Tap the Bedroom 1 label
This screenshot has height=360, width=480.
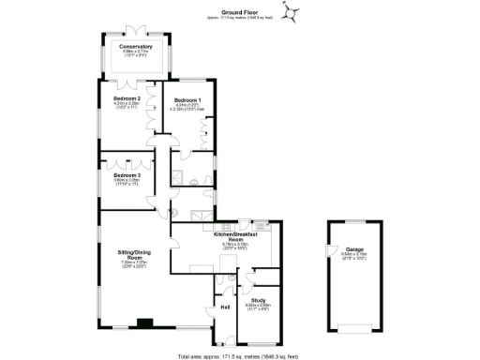coord(186,99)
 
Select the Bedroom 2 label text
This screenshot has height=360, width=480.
coord(127,98)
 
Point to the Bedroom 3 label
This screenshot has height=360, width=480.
coord(127,175)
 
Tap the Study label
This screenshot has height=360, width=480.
coord(258,300)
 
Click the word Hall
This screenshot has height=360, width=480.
coord(225,307)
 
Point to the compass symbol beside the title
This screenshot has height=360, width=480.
coord(293,12)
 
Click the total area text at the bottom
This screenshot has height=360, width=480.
coord(240,355)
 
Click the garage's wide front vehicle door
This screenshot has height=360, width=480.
coord(352,327)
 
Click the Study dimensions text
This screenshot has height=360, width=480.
coord(258,307)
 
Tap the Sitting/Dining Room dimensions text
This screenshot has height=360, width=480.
coord(132,264)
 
